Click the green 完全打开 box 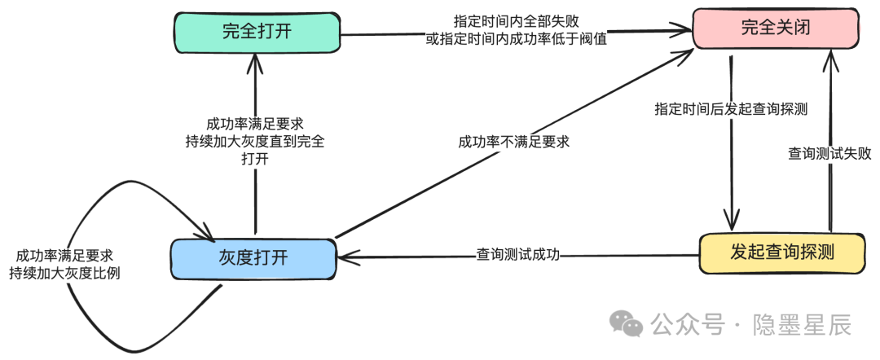click(x=257, y=32)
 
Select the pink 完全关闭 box click(x=777, y=29)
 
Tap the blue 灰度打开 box click(x=253, y=258)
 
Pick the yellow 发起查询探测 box click(x=782, y=253)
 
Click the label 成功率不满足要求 click(x=514, y=142)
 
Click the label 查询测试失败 click(x=830, y=154)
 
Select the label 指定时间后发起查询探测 click(x=731, y=109)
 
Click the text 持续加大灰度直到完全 click(x=255, y=142)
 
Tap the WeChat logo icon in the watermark click(x=627, y=323)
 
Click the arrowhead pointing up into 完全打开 click(x=255, y=63)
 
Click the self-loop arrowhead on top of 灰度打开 click(x=205, y=231)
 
